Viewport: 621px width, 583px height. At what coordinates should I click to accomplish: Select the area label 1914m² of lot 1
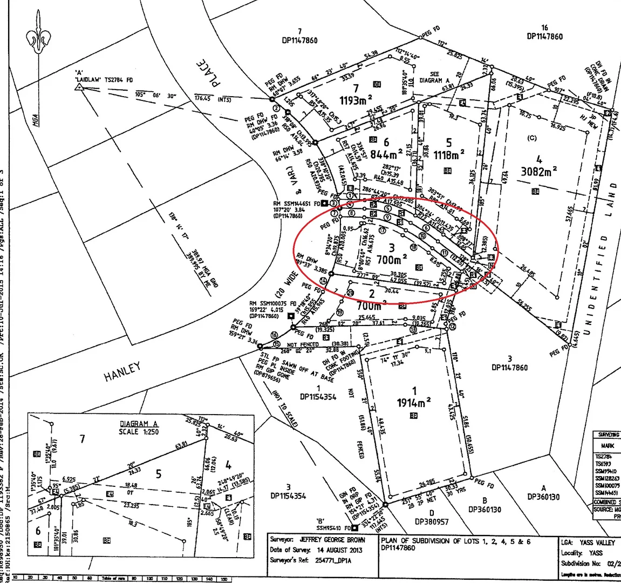click(414, 402)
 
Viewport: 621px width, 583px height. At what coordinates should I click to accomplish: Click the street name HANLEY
click(122, 371)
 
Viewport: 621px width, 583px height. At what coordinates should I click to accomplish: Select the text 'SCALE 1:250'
click(139, 431)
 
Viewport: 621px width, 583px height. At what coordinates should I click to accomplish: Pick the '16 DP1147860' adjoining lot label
click(544, 32)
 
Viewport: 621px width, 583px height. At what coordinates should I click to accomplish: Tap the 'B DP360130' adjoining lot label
click(484, 505)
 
